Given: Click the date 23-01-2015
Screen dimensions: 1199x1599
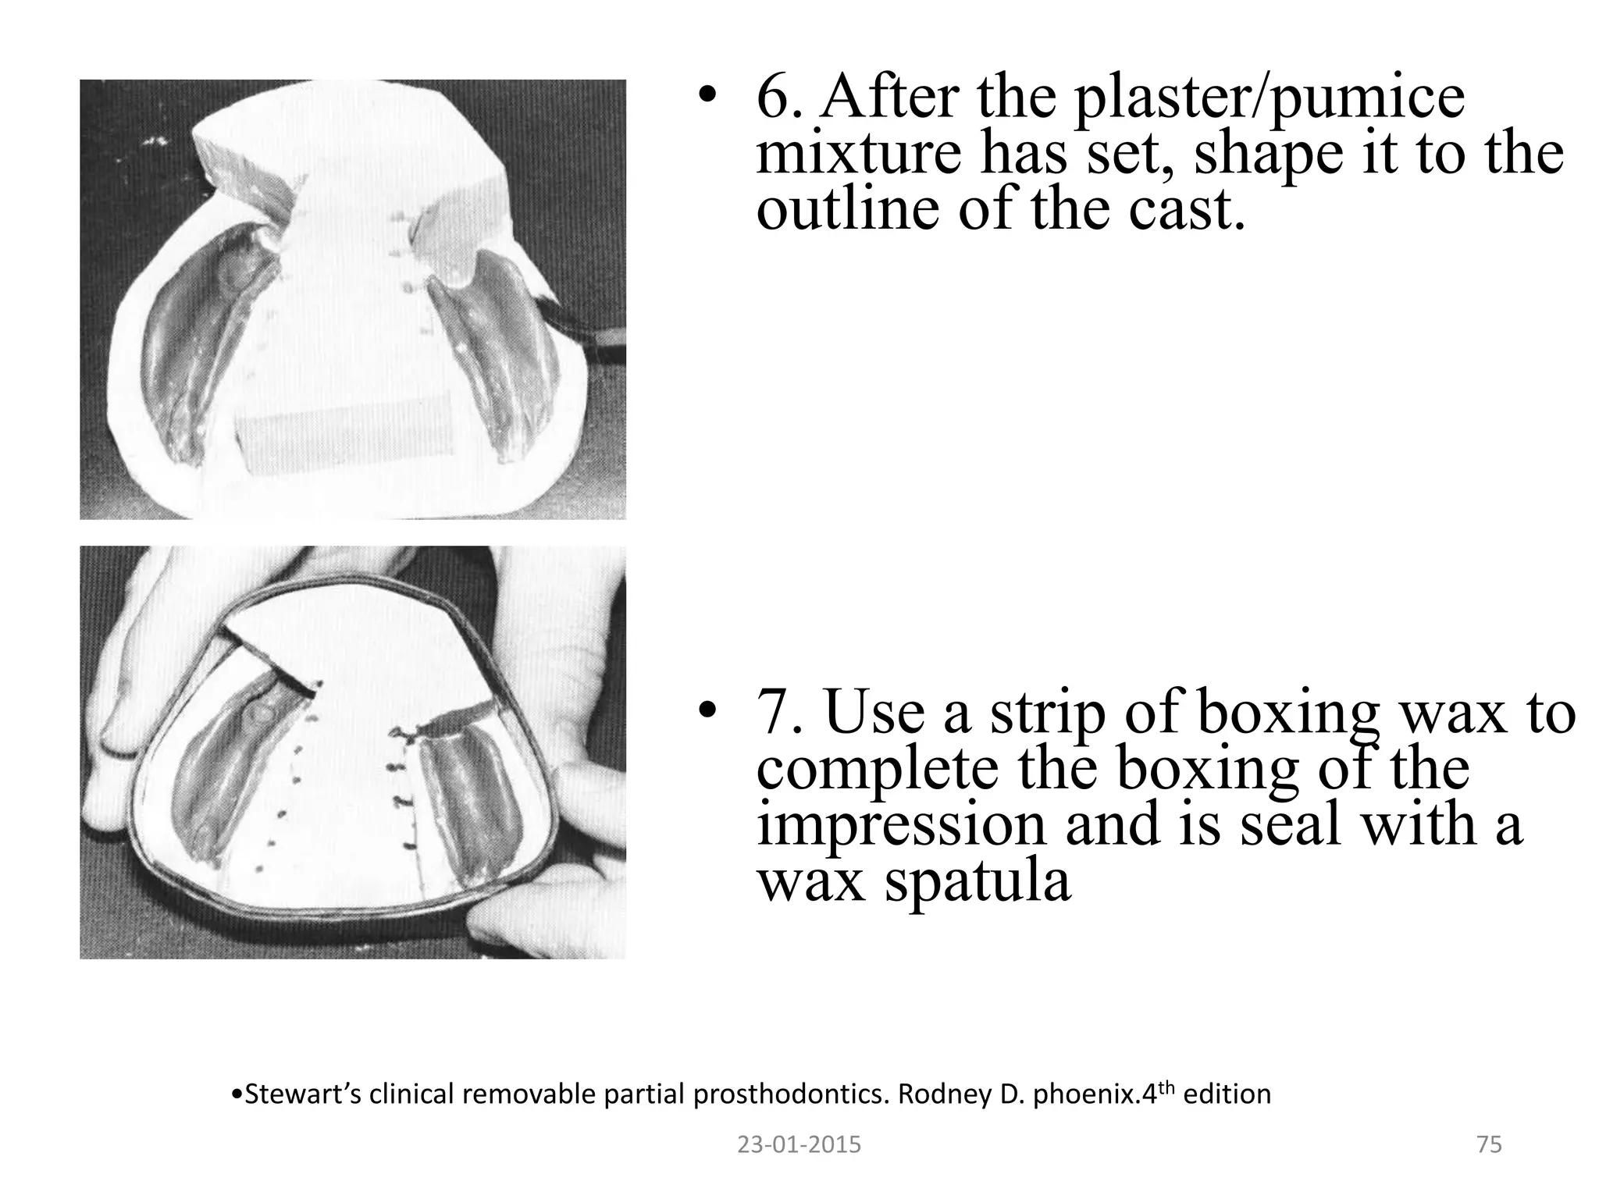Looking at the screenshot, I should [799, 1145].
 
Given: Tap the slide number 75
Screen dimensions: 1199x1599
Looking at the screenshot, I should [1489, 1145].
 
